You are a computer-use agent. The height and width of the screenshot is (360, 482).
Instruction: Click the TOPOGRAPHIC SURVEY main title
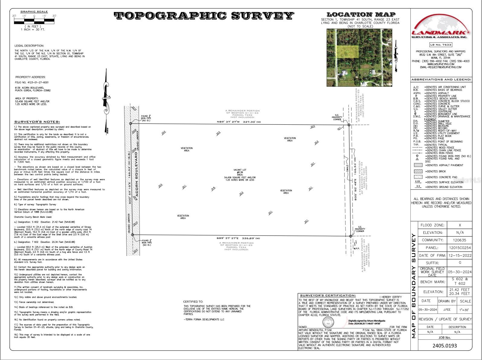204,16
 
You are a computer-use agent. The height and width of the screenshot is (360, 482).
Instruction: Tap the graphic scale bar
34,21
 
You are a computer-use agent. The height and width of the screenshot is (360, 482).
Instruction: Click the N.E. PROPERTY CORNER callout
337,117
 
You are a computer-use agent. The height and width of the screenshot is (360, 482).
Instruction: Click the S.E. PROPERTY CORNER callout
360,229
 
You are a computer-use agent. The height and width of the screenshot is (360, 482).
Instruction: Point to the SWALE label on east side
347,168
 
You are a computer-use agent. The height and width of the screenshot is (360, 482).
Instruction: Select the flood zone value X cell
460,225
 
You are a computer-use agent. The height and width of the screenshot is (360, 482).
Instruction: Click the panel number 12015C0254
460,248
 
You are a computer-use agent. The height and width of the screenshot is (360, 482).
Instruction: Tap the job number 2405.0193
445,346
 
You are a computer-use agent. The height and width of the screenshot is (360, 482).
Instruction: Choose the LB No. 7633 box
441,45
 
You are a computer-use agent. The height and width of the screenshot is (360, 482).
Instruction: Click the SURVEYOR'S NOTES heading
37,122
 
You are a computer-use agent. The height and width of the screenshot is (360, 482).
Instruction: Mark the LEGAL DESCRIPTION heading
29,46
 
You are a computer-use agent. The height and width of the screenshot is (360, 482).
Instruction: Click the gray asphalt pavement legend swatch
418,165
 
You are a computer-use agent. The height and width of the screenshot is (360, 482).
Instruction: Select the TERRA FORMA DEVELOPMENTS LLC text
204,319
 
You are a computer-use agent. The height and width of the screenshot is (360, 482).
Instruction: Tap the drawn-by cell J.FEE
447,310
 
